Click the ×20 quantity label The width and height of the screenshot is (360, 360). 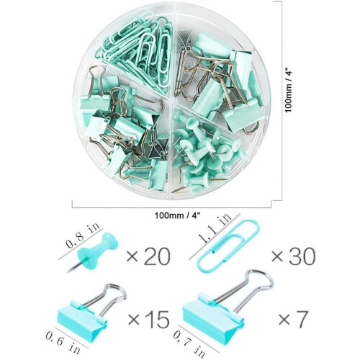[148, 256]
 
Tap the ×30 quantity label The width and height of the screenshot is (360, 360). [293, 256]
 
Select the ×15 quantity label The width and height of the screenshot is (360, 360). [149, 320]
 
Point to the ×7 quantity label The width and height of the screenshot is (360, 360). [293, 320]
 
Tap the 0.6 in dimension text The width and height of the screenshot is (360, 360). [63, 343]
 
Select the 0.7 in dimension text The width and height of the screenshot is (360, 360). [189, 344]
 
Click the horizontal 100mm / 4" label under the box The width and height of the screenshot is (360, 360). [177, 215]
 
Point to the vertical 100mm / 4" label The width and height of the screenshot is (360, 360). [288, 91]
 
